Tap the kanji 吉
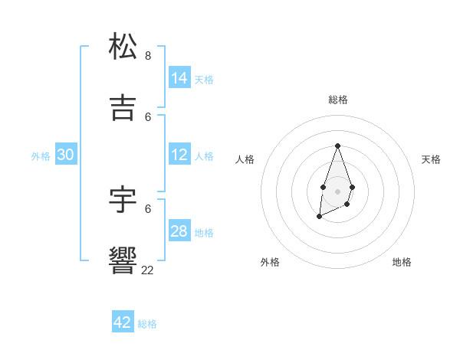click(123, 107)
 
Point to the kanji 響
click(123, 260)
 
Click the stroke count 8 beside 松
click(148, 55)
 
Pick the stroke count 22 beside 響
click(147, 270)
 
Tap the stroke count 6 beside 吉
click(148, 116)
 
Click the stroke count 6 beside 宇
click(148, 208)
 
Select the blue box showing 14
click(179, 77)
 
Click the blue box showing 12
click(179, 155)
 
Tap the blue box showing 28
click(179, 231)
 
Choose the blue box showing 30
click(66, 155)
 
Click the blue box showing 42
click(123, 322)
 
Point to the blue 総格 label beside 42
click(147, 324)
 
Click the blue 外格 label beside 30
click(41, 156)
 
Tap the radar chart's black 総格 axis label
click(337, 100)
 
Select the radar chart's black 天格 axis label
click(431, 159)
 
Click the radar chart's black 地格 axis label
click(402, 262)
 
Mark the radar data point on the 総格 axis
click(337, 146)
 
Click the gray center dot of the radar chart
click(337, 190)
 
